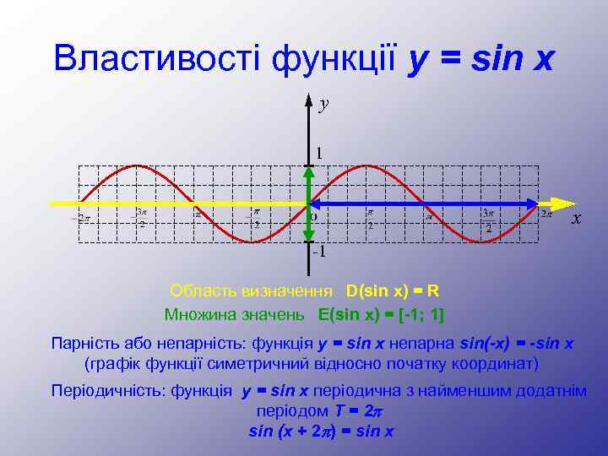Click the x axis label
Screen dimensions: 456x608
(x=576, y=219)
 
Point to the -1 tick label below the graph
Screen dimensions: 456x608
(x=318, y=252)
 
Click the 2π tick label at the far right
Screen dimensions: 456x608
(x=546, y=214)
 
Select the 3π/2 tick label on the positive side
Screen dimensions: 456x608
(x=488, y=220)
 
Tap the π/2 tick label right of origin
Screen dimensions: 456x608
(x=370, y=220)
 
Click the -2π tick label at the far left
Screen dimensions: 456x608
(x=81, y=219)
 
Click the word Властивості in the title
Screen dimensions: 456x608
(x=156, y=58)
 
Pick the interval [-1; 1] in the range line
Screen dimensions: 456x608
(x=421, y=314)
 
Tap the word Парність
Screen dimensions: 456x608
(x=84, y=344)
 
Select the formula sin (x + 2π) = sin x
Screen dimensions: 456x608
(x=321, y=431)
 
